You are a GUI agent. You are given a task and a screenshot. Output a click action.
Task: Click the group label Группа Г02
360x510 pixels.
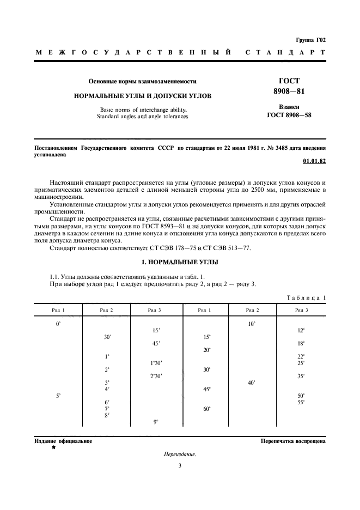[x=311, y=40]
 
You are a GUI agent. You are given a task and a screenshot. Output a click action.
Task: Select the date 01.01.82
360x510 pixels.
[x=314, y=162]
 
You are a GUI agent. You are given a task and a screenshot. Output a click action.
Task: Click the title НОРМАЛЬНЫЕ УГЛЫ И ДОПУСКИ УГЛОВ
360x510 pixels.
[x=143, y=95]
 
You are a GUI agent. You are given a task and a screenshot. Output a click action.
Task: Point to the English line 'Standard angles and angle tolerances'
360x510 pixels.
[x=142, y=116]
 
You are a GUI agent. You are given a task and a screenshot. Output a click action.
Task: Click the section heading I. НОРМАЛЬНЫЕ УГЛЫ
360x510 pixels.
[x=180, y=262]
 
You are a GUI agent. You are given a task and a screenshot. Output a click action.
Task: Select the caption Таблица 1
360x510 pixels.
[x=306, y=297]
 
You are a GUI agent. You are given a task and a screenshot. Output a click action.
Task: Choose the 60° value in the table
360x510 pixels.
[x=207, y=408]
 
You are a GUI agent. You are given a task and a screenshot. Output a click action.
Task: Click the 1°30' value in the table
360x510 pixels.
[x=156, y=363]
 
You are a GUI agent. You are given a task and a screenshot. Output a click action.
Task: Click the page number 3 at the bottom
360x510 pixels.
[x=179, y=465]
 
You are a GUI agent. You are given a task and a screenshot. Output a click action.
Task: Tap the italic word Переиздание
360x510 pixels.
[x=179, y=454]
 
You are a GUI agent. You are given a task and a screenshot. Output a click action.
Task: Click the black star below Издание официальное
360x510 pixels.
[x=53, y=447]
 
